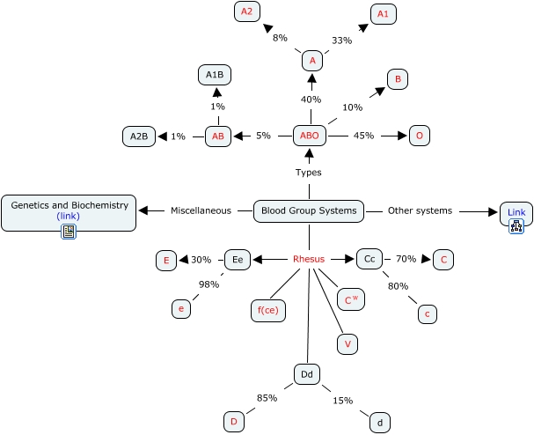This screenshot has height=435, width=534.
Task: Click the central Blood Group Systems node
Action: coord(309,210)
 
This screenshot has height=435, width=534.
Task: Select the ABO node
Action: coord(310,136)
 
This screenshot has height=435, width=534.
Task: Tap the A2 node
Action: coord(246,11)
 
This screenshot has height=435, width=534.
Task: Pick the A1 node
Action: coord(382,13)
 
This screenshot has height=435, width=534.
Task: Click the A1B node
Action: coord(215,76)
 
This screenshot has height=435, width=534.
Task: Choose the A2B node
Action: coord(139,136)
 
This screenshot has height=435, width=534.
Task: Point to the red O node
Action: coord(420,136)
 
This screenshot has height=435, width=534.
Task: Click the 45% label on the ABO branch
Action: coord(363,136)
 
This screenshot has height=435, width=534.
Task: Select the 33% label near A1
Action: coord(341,40)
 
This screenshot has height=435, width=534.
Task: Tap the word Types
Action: coord(309,173)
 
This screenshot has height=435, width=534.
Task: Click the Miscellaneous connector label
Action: coord(201,210)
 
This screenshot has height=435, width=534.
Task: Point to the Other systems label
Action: coord(421,210)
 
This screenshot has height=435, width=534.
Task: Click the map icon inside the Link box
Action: coord(516,226)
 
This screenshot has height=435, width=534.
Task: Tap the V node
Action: coord(347,344)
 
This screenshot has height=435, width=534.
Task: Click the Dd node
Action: coord(307,375)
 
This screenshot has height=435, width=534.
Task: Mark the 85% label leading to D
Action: coord(267,398)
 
